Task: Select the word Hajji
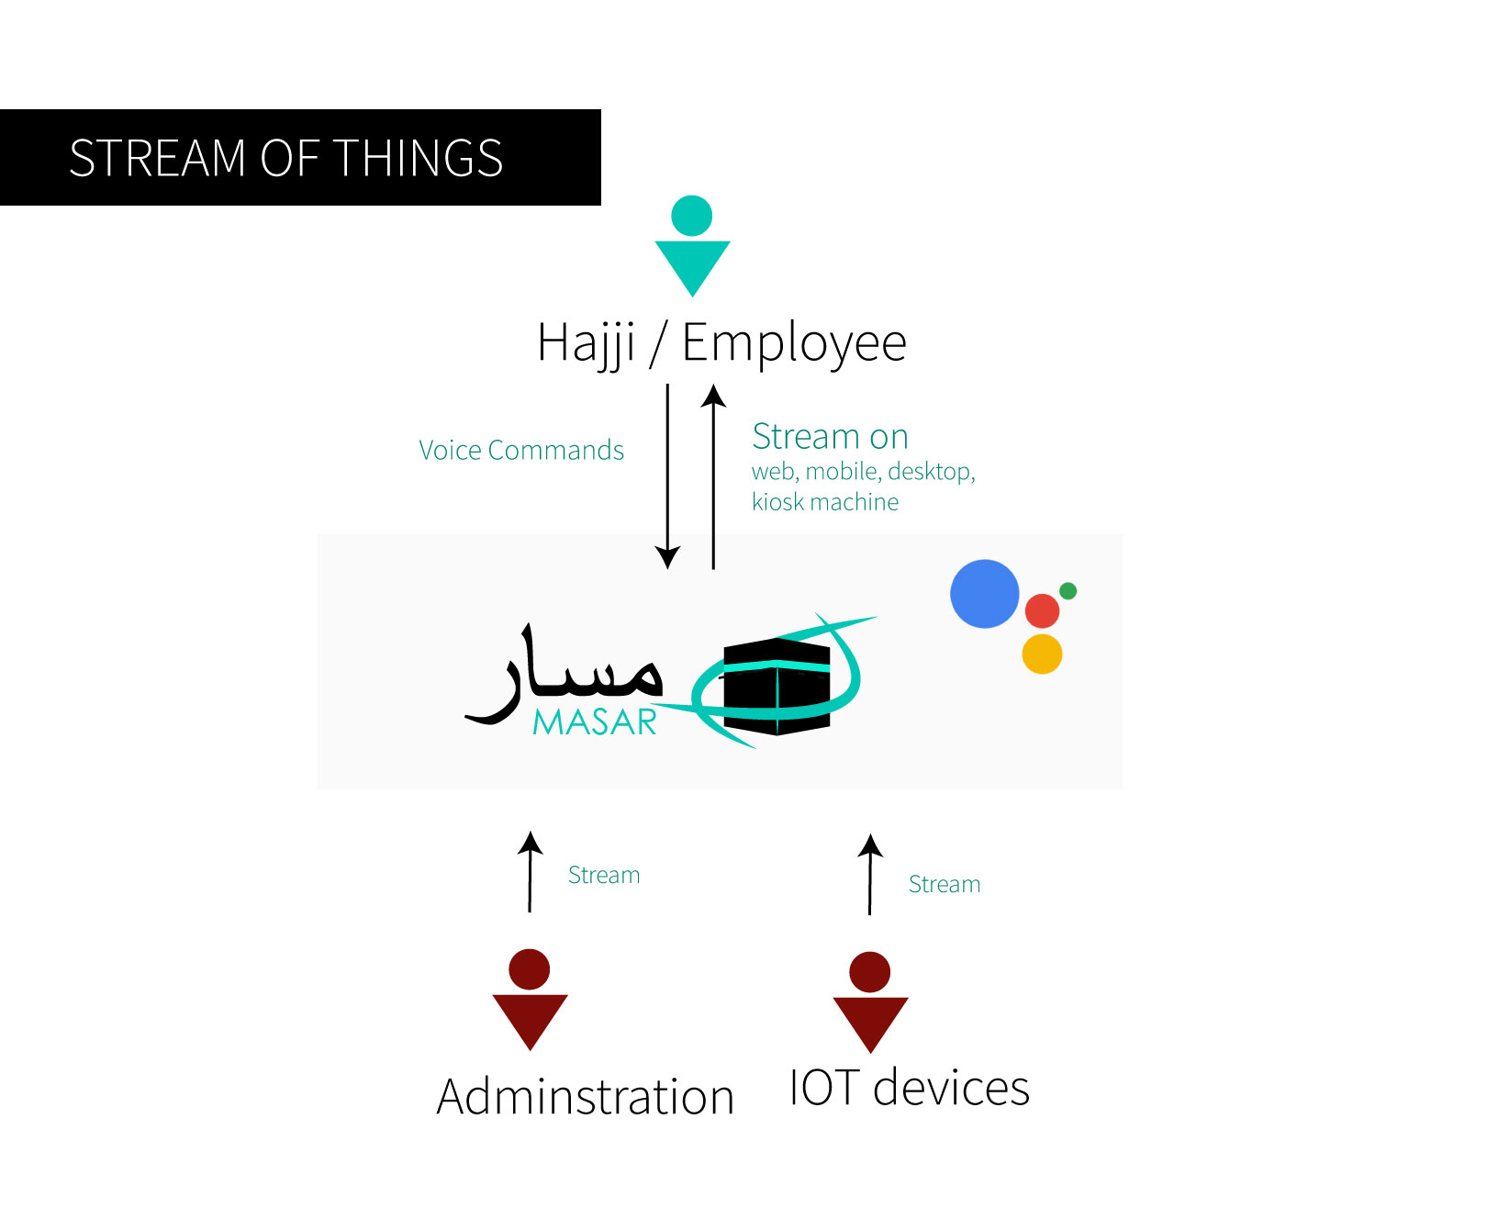tap(587, 344)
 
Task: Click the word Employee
tap(794, 344)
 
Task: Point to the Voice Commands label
tap(521, 451)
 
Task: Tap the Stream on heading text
tap(830, 437)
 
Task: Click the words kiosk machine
tap(825, 502)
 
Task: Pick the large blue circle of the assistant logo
tap(985, 594)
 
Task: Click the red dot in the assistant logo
tap(1042, 610)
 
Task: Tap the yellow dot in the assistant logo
tap(1042, 654)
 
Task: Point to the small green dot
tap(1068, 590)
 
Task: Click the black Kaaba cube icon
tap(777, 685)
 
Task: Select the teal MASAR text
tap(595, 723)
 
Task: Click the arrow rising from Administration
tap(530, 871)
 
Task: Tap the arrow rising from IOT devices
tap(870, 874)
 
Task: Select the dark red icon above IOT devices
tap(870, 1001)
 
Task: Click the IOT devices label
tap(909, 1089)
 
